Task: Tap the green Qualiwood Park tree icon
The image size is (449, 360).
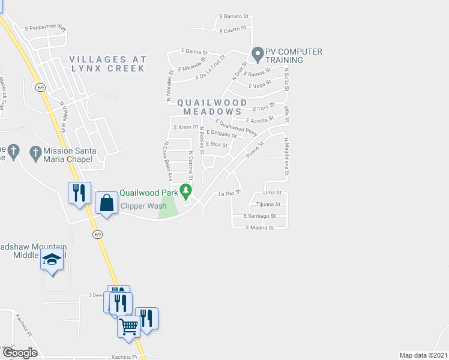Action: [186, 191]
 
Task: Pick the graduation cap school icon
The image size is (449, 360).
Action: [52, 260]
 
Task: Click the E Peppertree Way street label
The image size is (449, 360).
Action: [46, 28]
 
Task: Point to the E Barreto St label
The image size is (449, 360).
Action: [234, 16]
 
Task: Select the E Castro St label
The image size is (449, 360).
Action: [234, 29]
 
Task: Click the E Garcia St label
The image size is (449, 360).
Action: [194, 52]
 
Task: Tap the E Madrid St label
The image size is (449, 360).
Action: [260, 228]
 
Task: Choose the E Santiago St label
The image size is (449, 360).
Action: [260, 215]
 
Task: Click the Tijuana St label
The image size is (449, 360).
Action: [269, 205]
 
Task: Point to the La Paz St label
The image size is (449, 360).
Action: [229, 193]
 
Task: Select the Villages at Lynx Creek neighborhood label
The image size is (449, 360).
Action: [107, 64]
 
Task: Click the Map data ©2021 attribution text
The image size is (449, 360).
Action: [423, 355]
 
